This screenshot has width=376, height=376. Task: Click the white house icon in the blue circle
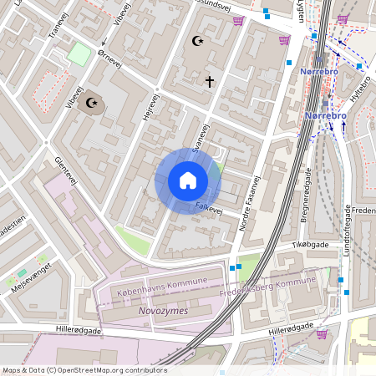[187, 180]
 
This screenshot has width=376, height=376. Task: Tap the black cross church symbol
[210, 81]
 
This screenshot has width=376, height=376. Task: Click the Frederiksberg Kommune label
[265, 288]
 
